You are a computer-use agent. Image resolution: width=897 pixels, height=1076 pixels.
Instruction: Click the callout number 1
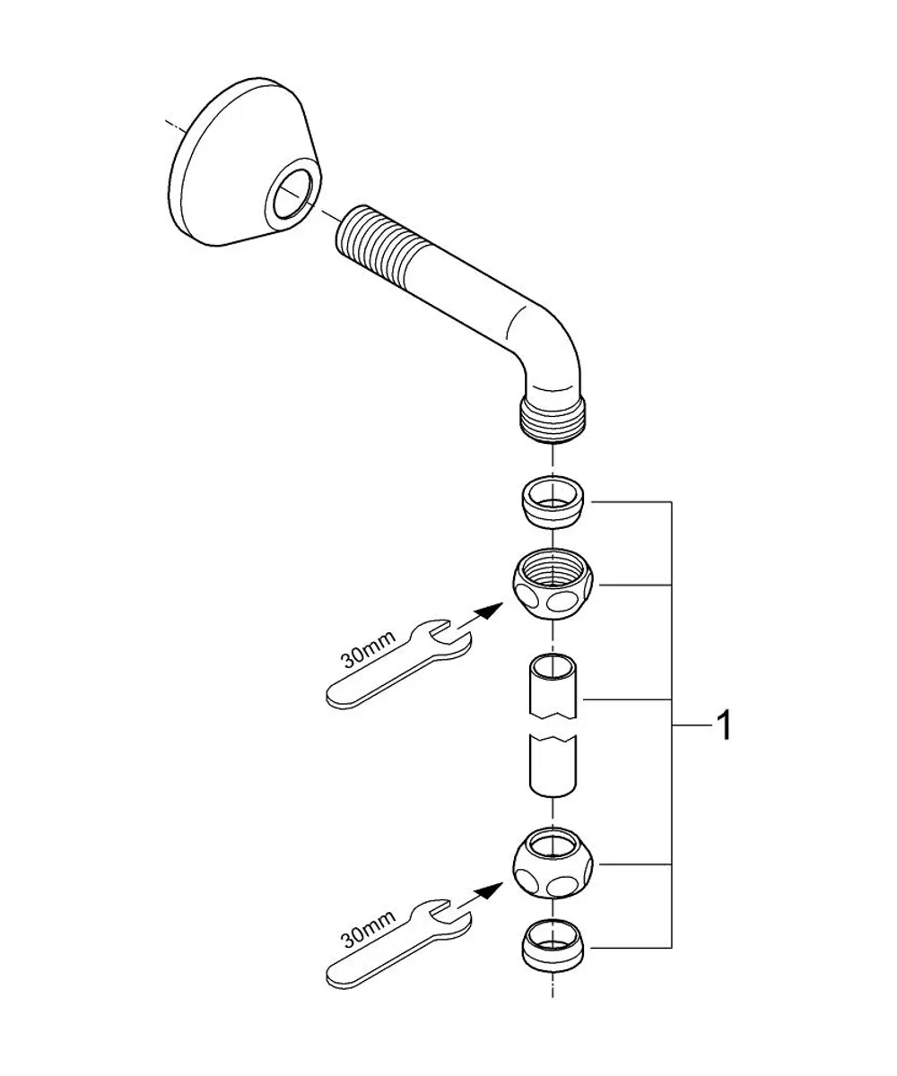point(724,726)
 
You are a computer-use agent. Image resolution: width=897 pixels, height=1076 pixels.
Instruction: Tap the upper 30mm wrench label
point(368,649)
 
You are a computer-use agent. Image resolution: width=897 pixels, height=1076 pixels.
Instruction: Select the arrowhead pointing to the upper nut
point(490,611)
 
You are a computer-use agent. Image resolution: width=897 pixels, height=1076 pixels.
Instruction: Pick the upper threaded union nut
point(553,585)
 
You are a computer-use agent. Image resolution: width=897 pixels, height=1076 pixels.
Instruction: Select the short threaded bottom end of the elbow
point(553,423)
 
